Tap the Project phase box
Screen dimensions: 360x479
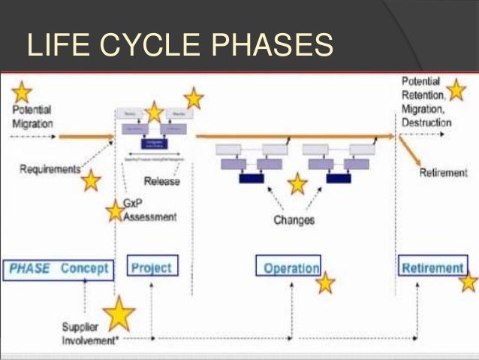click(x=151, y=267)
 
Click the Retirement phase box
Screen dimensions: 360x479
click(x=432, y=268)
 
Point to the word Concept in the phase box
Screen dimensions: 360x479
click(x=85, y=268)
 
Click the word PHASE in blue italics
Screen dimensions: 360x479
click(x=31, y=268)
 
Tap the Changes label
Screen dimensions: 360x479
click(x=294, y=220)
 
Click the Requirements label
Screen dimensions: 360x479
click(x=50, y=169)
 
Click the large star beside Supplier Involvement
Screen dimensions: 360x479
click(x=118, y=315)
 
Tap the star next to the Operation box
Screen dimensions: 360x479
click(x=325, y=283)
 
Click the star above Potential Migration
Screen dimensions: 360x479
click(x=22, y=92)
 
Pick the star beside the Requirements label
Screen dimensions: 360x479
click(x=91, y=180)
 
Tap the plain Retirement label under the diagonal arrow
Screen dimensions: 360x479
click(x=443, y=173)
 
